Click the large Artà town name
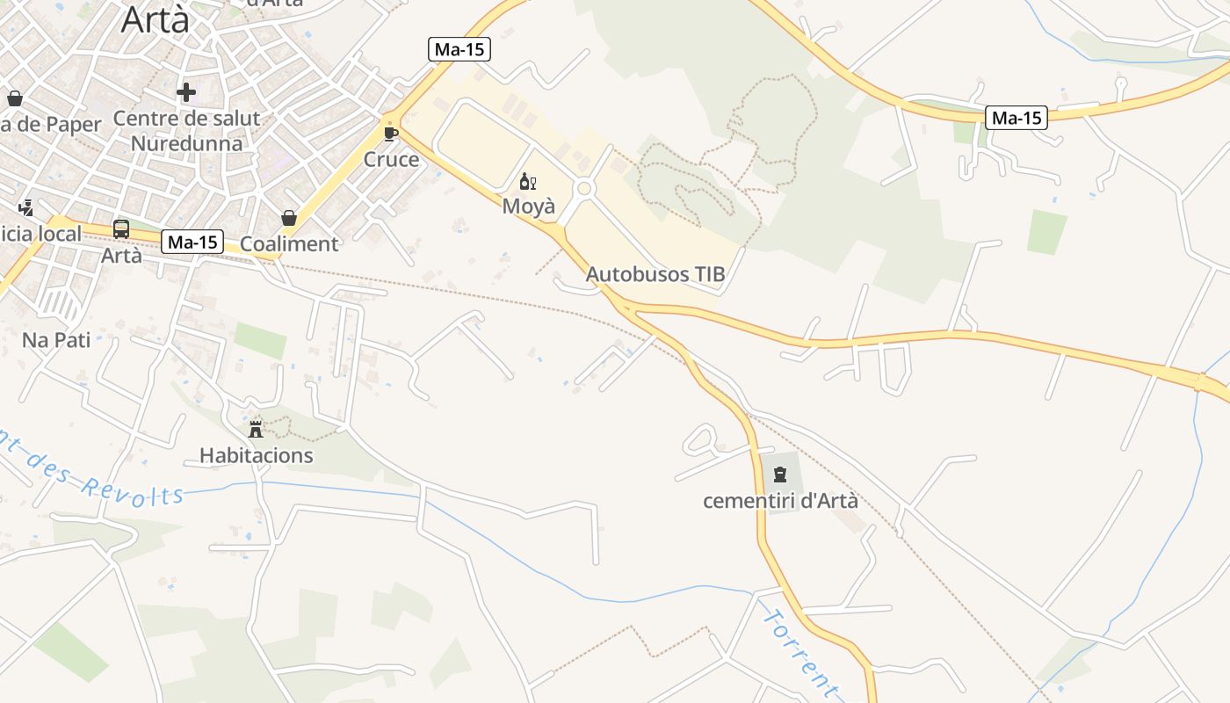pyautogui.click(x=155, y=19)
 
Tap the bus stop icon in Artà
pyautogui.click(x=121, y=229)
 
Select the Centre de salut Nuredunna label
pyautogui.click(x=186, y=131)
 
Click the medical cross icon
pyautogui.click(x=186, y=92)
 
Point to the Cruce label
pyautogui.click(x=391, y=160)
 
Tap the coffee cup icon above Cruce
pyautogui.click(x=391, y=134)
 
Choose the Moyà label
pyautogui.click(x=529, y=207)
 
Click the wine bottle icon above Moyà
pyautogui.click(x=527, y=182)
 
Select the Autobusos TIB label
pyautogui.click(x=655, y=274)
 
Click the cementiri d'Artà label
pyautogui.click(x=780, y=502)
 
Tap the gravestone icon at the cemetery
pyautogui.click(x=779, y=475)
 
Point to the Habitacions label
pyautogui.click(x=257, y=455)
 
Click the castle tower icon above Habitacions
pyautogui.click(x=256, y=429)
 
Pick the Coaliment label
pyautogui.click(x=289, y=244)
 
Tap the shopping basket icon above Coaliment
pyautogui.click(x=289, y=218)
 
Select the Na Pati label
pyautogui.click(x=56, y=340)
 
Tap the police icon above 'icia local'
pyautogui.click(x=25, y=207)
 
